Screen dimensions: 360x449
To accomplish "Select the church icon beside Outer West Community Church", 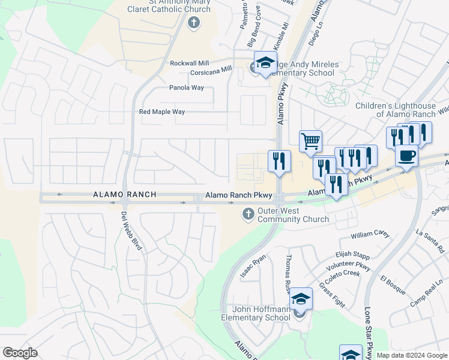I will (248, 214).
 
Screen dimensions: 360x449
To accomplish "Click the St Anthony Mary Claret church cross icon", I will (193, 23).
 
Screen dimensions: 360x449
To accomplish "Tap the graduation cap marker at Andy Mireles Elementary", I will (265, 62).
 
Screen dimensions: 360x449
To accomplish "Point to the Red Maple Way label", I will (162, 112).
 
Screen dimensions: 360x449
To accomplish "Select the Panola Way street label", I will (186, 88).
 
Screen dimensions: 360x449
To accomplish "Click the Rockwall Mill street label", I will (190, 63).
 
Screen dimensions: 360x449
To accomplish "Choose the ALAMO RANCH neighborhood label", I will (125, 194).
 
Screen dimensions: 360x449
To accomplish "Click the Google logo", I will (20, 353).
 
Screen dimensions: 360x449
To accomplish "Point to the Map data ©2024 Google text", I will (412, 355).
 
